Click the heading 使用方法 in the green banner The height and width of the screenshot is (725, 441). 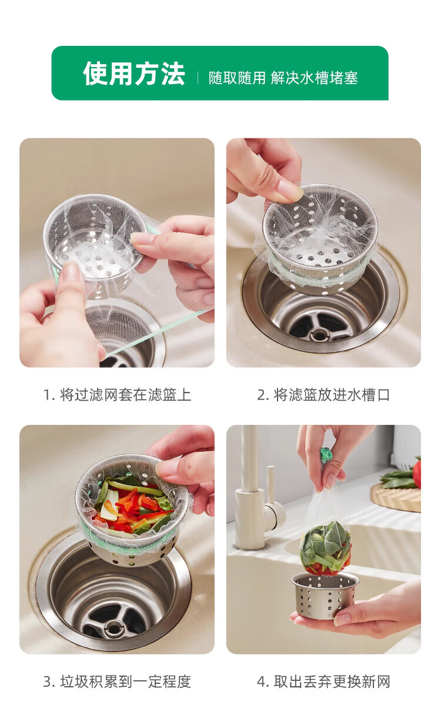tap(134, 74)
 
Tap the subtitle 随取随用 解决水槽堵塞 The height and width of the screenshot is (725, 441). tap(283, 78)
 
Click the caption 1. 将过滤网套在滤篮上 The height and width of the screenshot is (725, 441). tap(117, 395)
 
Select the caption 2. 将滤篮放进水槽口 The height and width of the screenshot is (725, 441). tap(323, 395)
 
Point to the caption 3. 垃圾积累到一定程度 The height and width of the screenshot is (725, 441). tap(117, 681)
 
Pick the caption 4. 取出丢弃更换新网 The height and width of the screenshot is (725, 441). tap(323, 681)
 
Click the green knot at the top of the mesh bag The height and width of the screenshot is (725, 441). tap(326, 454)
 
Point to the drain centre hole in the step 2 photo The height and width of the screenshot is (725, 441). tap(319, 332)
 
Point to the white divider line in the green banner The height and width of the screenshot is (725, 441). tap(198, 78)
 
